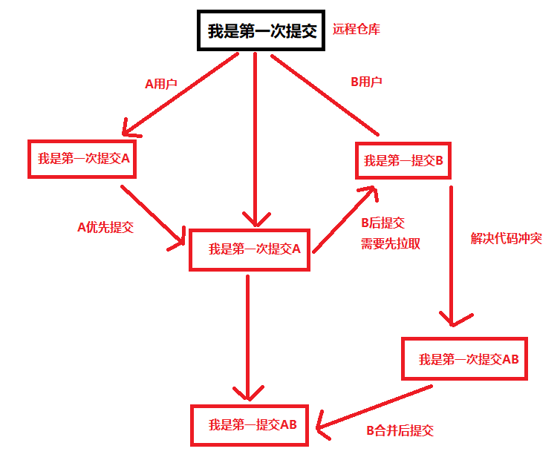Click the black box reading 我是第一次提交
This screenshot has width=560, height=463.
262,31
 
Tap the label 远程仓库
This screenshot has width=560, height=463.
357,30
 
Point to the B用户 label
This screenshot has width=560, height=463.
366,82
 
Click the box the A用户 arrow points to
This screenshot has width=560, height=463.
82,158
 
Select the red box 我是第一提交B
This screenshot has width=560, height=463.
403,160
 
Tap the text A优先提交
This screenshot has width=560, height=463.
105,227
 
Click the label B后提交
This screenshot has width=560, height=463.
382,223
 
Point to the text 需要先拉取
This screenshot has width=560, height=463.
391,243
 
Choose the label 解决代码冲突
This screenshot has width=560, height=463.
507,239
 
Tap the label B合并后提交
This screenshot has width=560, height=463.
400,430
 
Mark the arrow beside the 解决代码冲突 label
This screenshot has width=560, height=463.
451,252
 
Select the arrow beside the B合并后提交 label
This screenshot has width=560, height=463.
371,407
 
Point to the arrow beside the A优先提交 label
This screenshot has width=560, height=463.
152,215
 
